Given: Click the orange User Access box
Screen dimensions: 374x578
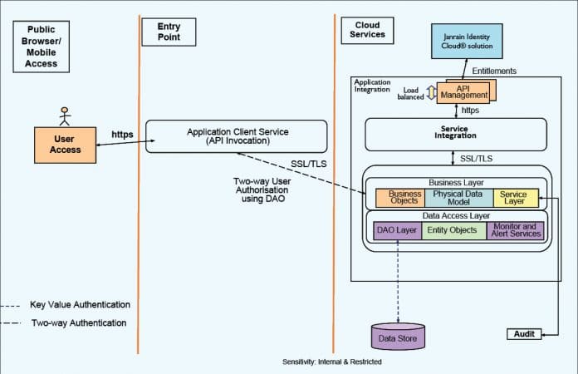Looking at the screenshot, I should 66,144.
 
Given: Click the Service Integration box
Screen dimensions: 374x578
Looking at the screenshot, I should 455,134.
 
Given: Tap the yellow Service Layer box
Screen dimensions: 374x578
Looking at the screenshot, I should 516,198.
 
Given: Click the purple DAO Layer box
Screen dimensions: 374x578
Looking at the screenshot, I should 398,230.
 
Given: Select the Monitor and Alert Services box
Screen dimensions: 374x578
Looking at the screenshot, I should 516,230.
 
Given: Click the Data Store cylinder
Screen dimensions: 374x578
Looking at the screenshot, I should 397,337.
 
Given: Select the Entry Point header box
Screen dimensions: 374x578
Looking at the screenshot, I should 169,32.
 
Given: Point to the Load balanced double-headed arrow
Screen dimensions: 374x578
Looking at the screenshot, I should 431,94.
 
